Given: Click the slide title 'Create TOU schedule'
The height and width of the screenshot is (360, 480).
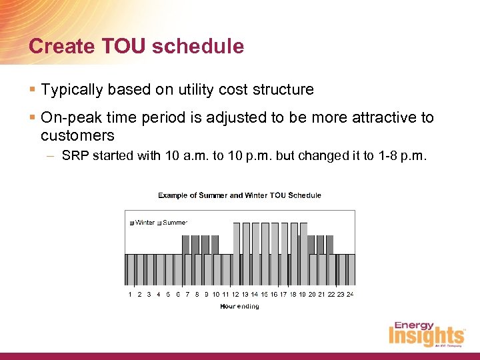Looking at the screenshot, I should point(136,47).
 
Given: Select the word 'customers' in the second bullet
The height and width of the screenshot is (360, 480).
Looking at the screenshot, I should point(77,136).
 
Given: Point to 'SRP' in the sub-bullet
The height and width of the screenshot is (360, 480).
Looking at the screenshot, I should point(73,157).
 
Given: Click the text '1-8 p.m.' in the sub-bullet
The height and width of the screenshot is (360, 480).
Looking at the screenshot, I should point(406,157).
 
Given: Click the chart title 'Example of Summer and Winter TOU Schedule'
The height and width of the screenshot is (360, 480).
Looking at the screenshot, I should point(239,195).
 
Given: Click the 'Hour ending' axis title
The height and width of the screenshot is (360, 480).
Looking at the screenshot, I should point(239,307).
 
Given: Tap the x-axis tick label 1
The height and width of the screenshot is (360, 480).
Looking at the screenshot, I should point(130,294).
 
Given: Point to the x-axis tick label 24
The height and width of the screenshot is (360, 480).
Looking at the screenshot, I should point(349,294).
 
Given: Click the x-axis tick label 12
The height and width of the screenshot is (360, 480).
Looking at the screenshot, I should point(235,294).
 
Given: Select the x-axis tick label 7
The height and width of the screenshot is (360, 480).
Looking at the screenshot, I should point(187,294).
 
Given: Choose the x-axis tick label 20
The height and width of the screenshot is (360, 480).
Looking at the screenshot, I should point(311,294).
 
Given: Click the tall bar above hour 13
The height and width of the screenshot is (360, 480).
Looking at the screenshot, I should point(246,254).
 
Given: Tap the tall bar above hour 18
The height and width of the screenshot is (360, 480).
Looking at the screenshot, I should point(294,254).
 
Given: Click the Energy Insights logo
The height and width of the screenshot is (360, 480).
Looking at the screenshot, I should point(427,335).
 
